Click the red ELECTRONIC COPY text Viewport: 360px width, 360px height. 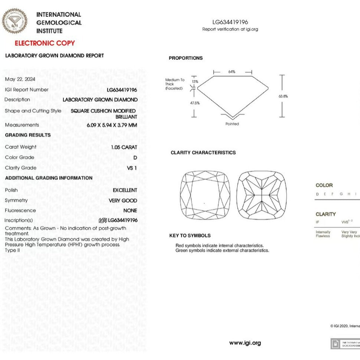pyautogui.click(x=45, y=43)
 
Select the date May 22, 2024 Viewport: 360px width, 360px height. pyautogui.click(x=20, y=79)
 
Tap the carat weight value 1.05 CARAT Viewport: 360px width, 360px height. pyautogui.click(x=124, y=147)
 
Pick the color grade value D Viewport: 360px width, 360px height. pyautogui.click(x=135, y=158)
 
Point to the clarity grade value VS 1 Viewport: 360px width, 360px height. pyautogui.click(x=132, y=168)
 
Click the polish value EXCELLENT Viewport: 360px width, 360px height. pyautogui.click(x=125, y=190)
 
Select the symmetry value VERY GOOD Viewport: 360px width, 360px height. pyautogui.click(x=123, y=201)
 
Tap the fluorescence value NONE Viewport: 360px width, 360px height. pyautogui.click(x=130, y=211)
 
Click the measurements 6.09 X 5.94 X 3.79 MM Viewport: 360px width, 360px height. pyautogui.click(x=112, y=125)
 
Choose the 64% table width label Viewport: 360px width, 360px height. pyautogui.click(x=232, y=72)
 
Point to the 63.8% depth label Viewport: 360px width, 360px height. pyautogui.click(x=283, y=96)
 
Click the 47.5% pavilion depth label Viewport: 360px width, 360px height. pyautogui.click(x=195, y=103)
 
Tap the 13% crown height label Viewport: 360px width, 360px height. pyautogui.click(x=195, y=81)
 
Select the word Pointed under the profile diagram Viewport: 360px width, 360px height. pyautogui.click(x=232, y=124)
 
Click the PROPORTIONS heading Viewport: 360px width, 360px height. pyautogui.click(x=186, y=58)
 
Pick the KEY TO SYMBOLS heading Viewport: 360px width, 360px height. pyautogui.click(x=190, y=236)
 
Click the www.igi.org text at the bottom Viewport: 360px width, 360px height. pyautogui.click(x=245, y=343)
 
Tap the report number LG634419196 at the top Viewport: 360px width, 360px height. pyautogui.click(x=230, y=22)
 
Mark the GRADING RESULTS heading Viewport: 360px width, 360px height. pyautogui.click(x=28, y=135)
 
